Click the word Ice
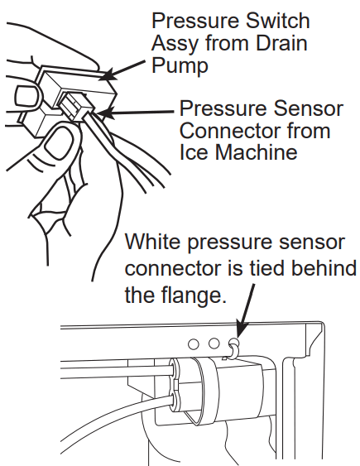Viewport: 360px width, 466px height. coord(195,154)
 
